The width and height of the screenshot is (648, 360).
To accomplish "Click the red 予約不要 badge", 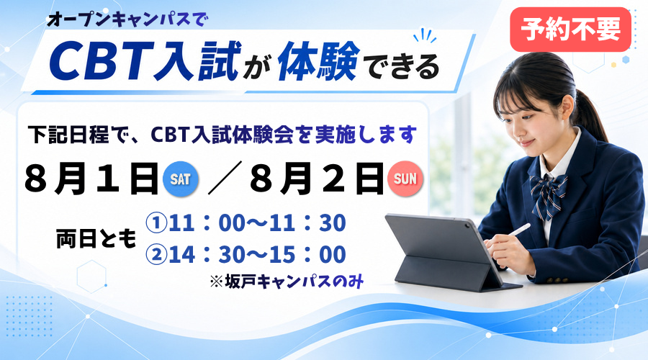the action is point(570,30).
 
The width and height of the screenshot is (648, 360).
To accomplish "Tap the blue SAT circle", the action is point(181,179).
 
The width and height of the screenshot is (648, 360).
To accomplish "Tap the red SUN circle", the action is point(405,179).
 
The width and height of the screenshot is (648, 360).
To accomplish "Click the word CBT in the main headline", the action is point(100,61).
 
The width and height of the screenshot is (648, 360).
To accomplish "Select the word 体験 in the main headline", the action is point(318,60).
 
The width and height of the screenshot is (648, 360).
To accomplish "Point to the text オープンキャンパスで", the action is point(129,19).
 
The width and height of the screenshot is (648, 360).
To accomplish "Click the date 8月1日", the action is point(91,179).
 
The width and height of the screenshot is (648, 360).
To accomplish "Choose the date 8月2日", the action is point(317,179).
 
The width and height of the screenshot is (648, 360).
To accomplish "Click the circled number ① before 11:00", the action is point(156,223).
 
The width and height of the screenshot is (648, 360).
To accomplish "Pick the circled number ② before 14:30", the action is point(156,254).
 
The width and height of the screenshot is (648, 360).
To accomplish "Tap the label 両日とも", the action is point(96,239).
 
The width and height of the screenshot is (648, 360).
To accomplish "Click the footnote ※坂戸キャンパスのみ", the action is point(287,282).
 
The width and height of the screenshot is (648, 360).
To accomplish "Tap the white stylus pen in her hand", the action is point(519,230).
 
